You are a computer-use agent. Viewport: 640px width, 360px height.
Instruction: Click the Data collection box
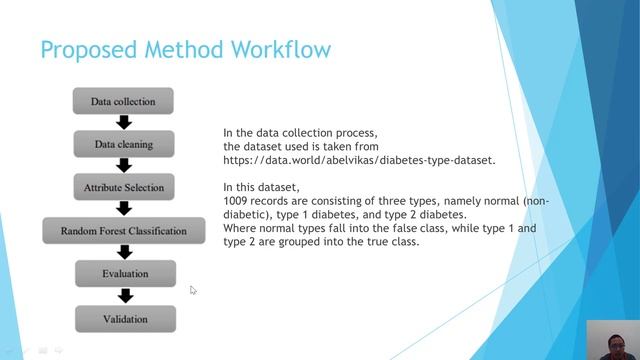(x=123, y=101)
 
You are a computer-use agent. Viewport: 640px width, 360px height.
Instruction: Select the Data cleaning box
(x=123, y=144)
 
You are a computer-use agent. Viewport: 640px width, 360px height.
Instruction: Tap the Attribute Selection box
(x=123, y=187)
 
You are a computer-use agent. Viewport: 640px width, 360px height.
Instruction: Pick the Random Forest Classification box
(x=123, y=231)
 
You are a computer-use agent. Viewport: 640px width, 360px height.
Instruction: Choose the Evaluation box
(x=125, y=273)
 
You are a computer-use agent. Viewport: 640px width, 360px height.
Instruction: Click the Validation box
(x=125, y=319)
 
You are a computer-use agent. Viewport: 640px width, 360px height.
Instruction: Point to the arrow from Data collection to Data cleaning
(x=124, y=123)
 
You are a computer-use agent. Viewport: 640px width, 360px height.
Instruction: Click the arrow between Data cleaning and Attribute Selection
(x=124, y=166)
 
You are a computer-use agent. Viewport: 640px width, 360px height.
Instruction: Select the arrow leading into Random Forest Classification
(x=124, y=209)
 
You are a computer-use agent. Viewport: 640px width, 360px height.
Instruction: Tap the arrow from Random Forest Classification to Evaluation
(x=124, y=252)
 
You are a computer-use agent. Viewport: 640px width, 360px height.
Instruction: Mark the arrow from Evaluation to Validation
(x=125, y=296)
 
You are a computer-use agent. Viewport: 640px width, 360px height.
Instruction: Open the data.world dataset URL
(x=359, y=159)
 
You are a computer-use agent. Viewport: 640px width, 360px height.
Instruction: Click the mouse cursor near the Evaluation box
(x=193, y=290)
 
